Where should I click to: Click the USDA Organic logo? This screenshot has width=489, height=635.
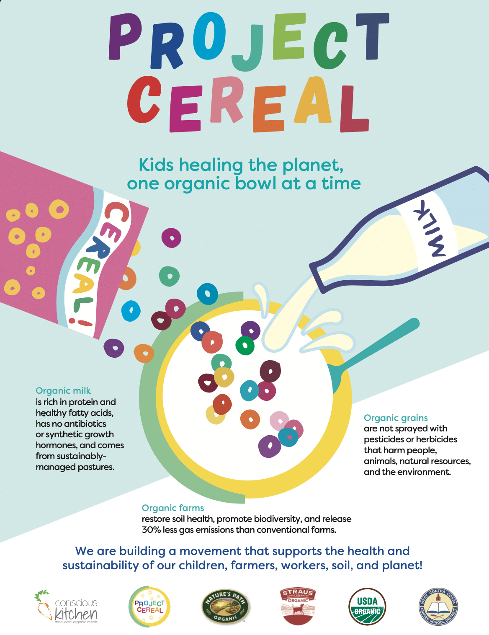(367, 607)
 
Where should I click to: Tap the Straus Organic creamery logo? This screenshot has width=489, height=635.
(298, 607)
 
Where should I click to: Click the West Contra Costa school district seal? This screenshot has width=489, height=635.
(438, 607)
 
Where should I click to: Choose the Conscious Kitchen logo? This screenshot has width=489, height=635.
(66, 607)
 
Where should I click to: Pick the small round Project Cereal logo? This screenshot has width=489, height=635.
(149, 607)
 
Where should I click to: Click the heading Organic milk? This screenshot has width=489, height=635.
(63, 391)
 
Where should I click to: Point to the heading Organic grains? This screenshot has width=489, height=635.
(396, 418)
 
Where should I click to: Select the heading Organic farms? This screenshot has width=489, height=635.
(173, 508)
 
